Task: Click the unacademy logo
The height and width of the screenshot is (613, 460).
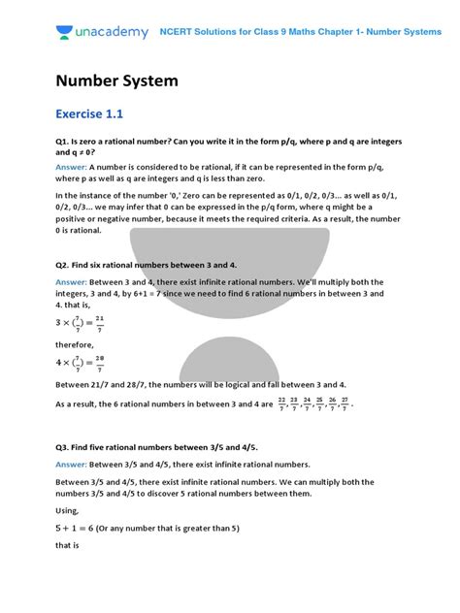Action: pyautogui.click(x=98, y=32)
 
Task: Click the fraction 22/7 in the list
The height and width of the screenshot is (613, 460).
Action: pyautogui.click(x=282, y=403)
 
